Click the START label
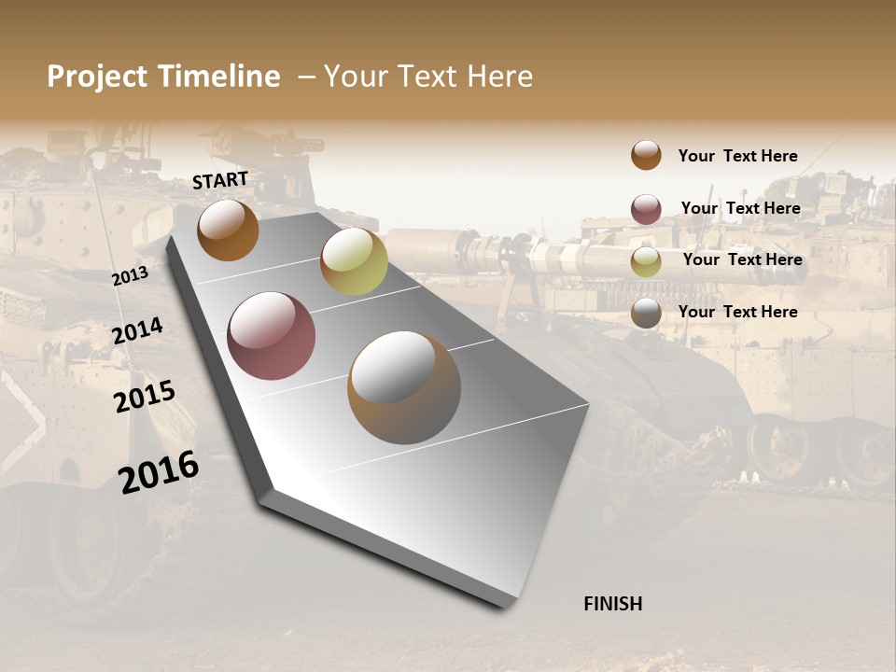click(220, 180)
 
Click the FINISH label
click(612, 604)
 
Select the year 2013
click(130, 275)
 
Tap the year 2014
click(137, 331)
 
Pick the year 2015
click(145, 396)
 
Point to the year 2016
click(159, 471)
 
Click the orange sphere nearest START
click(228, 230)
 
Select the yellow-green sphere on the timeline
click(354, 260)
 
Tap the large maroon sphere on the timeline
click(271, 336)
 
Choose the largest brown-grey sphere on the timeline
click(404, 387)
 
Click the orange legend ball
click(646, 155)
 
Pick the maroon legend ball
click(646, 209)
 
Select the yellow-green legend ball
click(646, 261)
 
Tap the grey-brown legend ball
click(646, 314)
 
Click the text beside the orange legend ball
click(737, 157)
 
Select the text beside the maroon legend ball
click(740, 208)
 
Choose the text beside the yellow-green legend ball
click(742, 259)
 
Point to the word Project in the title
click(98, 77)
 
